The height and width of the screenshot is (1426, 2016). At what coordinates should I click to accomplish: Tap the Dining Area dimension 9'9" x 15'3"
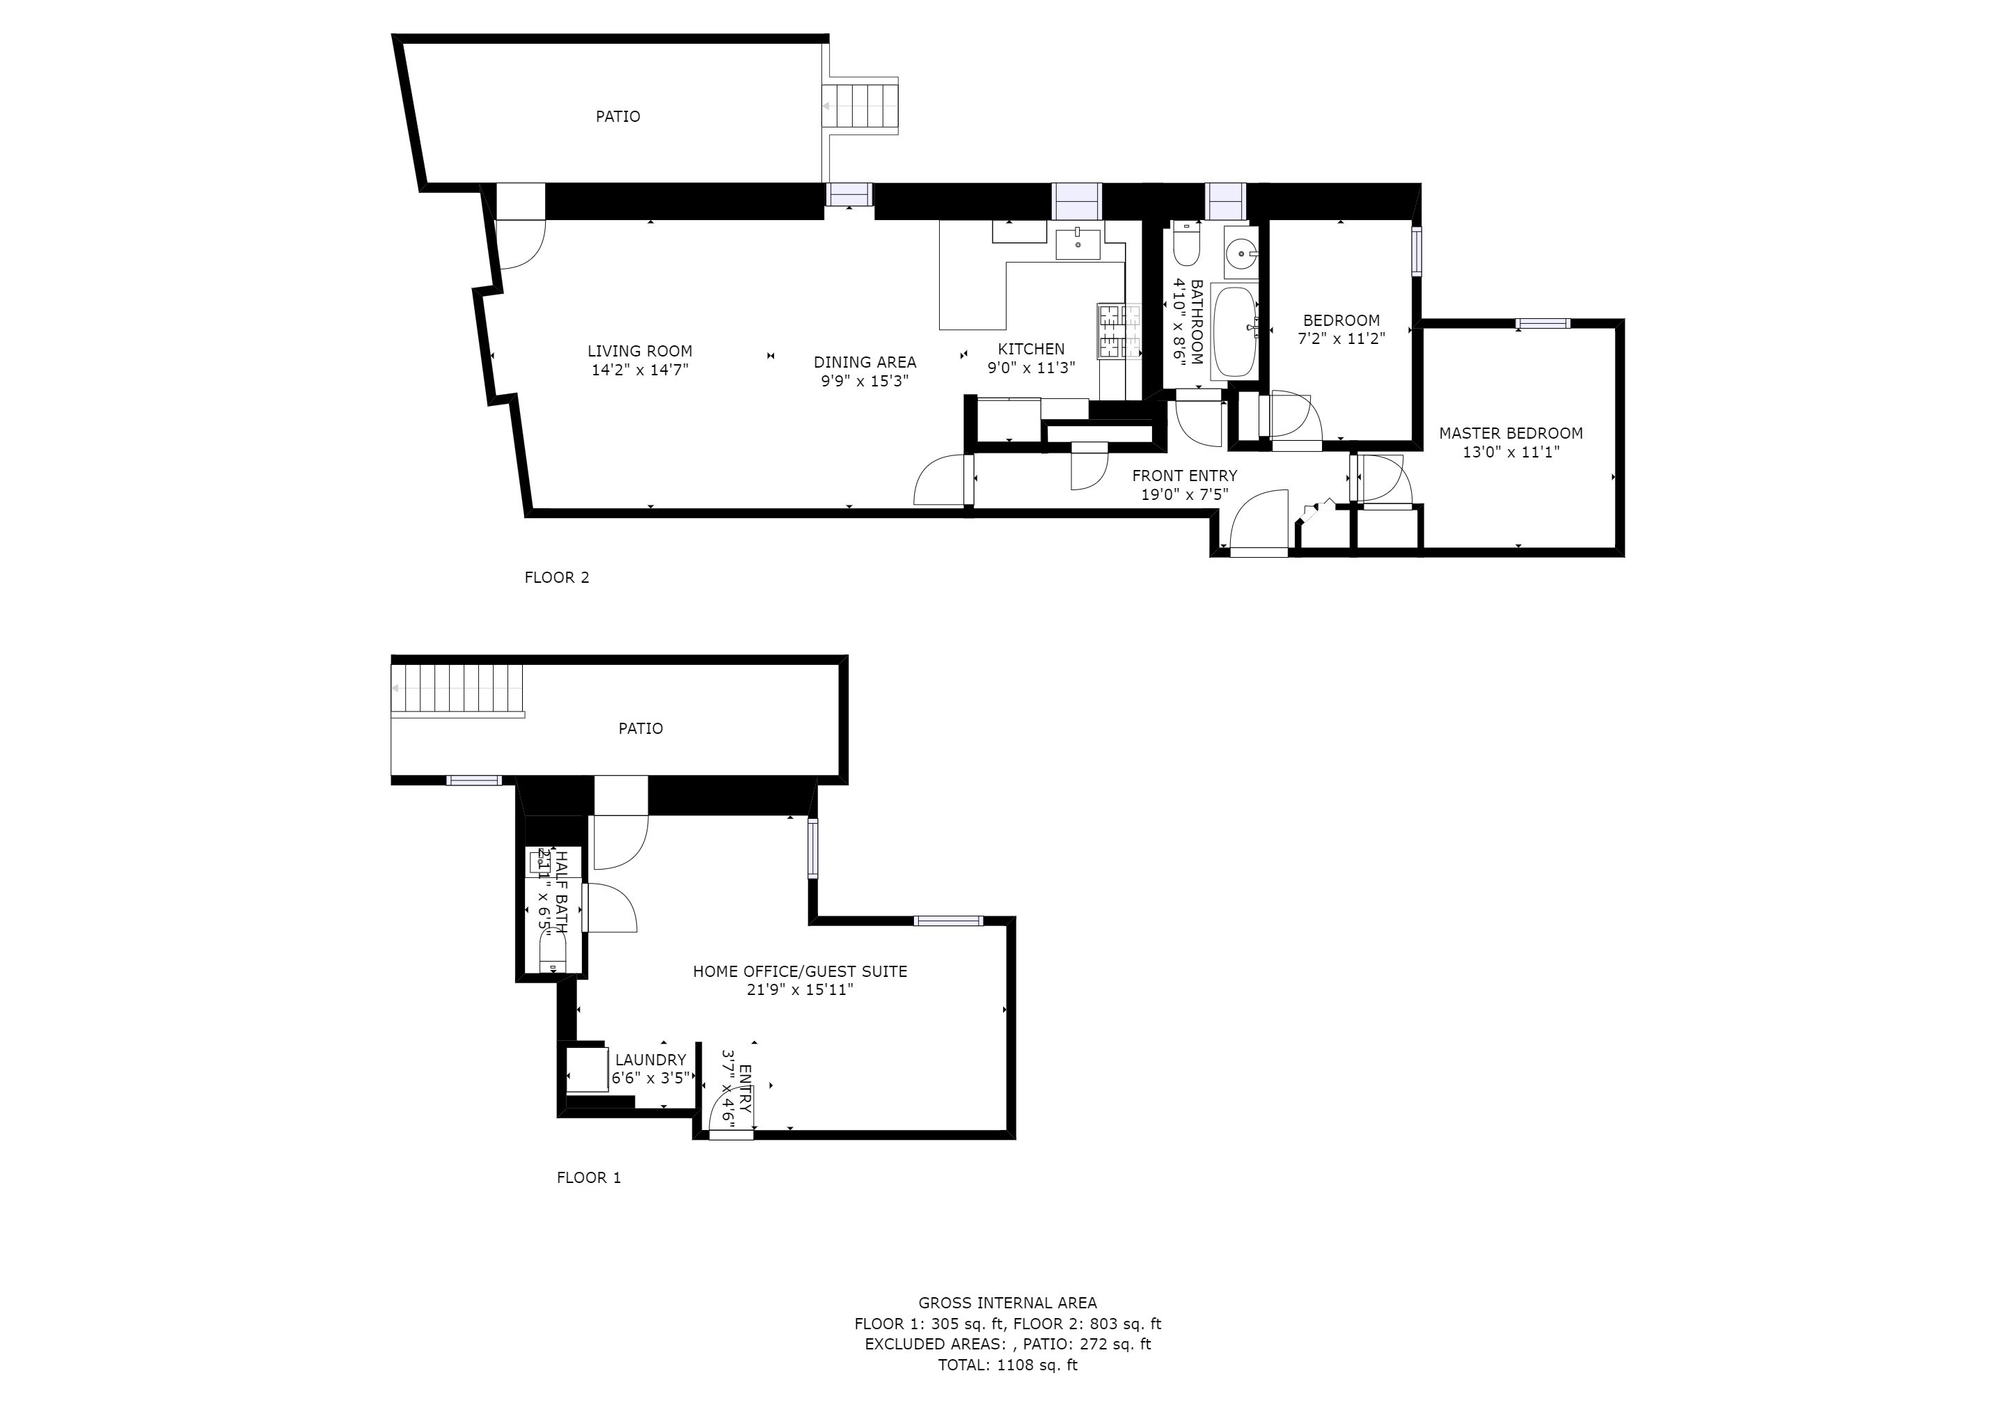864,381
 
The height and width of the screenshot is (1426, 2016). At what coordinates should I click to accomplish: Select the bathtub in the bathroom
1234,332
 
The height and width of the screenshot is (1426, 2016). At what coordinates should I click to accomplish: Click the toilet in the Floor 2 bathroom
1186,245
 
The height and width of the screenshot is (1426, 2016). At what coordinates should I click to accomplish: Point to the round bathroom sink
1240,256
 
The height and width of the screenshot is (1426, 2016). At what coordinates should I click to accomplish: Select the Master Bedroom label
1510,433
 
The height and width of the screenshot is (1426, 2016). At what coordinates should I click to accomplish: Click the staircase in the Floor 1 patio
457,689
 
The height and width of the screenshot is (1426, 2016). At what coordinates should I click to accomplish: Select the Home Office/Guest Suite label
799,971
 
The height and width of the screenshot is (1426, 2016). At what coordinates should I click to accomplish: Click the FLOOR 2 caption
557,578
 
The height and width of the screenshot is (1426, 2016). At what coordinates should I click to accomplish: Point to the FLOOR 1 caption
588,1177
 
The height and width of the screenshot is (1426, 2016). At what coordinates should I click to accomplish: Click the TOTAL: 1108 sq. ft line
1007,1365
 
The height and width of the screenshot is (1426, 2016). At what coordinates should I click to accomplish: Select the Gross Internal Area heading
1007,1303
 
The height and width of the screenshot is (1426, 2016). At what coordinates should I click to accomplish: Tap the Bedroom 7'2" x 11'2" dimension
1341,339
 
